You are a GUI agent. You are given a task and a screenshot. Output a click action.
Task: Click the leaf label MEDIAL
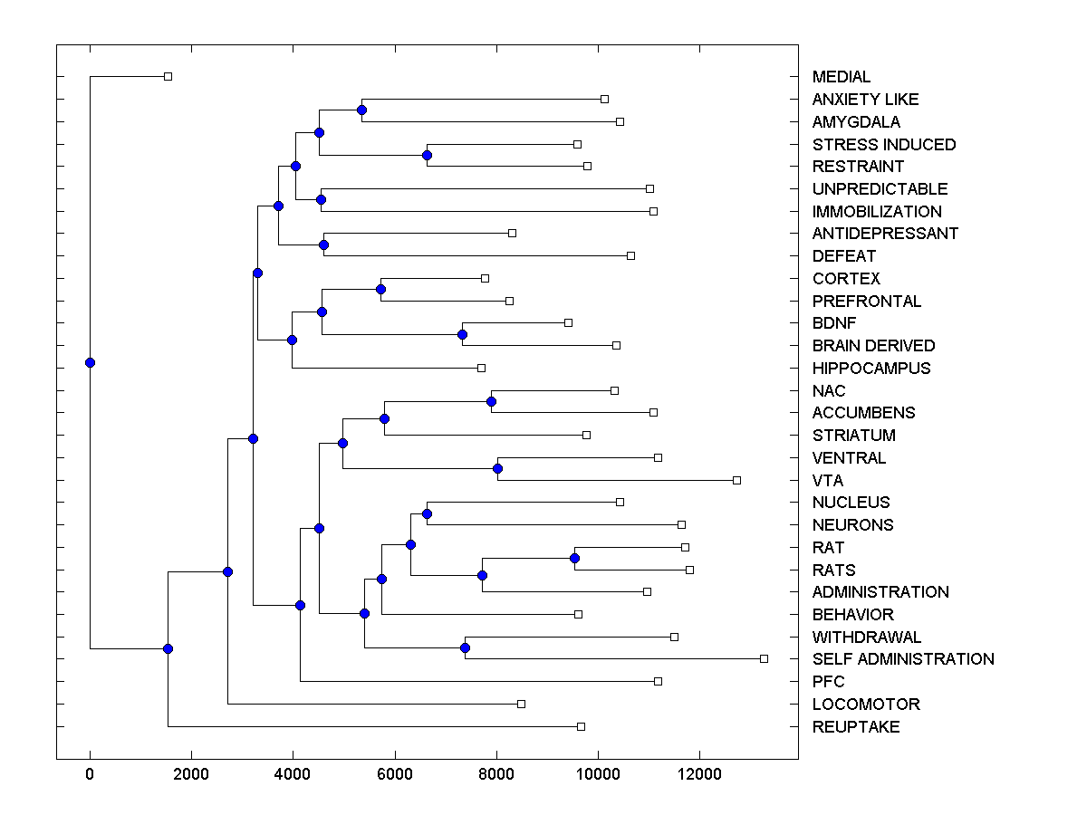click(842, 77)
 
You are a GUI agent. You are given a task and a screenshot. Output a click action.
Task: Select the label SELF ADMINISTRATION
click(903, 659)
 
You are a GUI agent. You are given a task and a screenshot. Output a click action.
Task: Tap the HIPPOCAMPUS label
click(871, 369)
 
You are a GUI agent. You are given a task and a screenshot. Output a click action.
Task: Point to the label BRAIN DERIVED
click(873, 346)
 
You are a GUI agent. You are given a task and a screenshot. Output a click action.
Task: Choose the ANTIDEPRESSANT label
click(885, 234)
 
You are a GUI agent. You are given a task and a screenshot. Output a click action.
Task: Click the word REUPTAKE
click(856, 727)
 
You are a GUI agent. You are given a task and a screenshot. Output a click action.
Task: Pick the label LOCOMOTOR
click(866, 705)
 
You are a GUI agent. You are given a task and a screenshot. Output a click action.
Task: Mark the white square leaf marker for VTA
click(736, 480)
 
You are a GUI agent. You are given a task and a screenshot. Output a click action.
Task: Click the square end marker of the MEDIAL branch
click(168, 76)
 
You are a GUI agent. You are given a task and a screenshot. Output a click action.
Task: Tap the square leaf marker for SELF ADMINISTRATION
click(764, 658)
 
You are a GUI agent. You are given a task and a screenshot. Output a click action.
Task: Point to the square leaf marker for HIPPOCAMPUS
click(481, 368)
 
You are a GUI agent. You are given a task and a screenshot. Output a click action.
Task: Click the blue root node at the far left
click(90, 362)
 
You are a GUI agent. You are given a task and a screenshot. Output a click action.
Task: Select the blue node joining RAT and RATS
click(574, 558)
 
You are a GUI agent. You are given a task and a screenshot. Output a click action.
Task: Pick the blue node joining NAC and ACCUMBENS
click(492, 401)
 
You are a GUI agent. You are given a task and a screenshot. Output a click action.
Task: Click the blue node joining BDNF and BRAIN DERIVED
click(462, 334)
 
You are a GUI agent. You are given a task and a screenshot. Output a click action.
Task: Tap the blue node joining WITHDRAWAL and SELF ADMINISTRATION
click(465, 647)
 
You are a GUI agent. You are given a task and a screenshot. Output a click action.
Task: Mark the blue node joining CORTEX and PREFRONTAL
click(381, 290)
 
